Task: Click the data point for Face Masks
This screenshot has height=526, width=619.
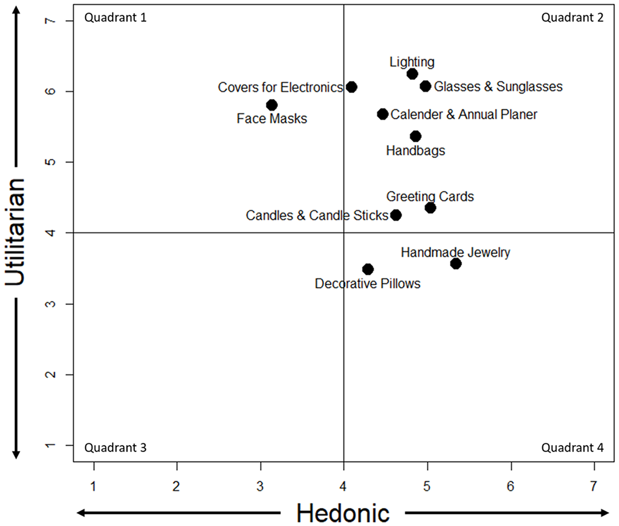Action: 272,105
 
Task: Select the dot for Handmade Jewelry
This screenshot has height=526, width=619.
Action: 456,264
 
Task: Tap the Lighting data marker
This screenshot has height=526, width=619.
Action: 412,74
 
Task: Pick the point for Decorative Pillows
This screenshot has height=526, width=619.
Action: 368,269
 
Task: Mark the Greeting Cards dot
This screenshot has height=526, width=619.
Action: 430,208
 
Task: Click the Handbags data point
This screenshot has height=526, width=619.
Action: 415,136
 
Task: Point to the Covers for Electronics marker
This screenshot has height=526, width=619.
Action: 352,87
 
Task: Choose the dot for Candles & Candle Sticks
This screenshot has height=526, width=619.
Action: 396,215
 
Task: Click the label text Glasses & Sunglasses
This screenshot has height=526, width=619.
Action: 498,87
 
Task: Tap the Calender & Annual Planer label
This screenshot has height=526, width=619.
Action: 463,114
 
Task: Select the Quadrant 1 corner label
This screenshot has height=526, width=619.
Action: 115,18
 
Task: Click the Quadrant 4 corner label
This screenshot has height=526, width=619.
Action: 572,448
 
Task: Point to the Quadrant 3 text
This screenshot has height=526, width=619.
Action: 115,448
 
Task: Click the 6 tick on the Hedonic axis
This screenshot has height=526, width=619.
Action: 511,486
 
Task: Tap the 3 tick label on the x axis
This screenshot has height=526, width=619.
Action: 260,486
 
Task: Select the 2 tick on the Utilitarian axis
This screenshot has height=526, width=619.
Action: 51,375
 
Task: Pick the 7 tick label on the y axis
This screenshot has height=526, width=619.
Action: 51,21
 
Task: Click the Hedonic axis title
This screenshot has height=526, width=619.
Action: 343,513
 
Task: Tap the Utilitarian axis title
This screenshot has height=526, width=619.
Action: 15,232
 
